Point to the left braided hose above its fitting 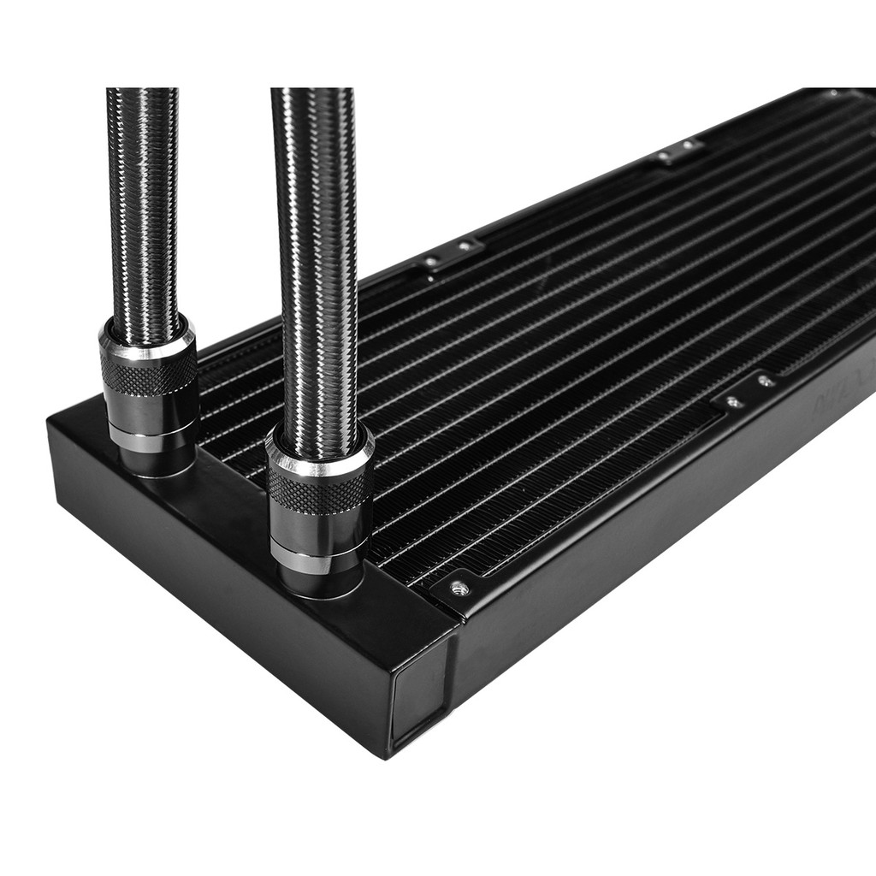point(143,214)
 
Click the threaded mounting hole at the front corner point(459,587)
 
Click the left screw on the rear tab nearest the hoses point(433,260)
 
